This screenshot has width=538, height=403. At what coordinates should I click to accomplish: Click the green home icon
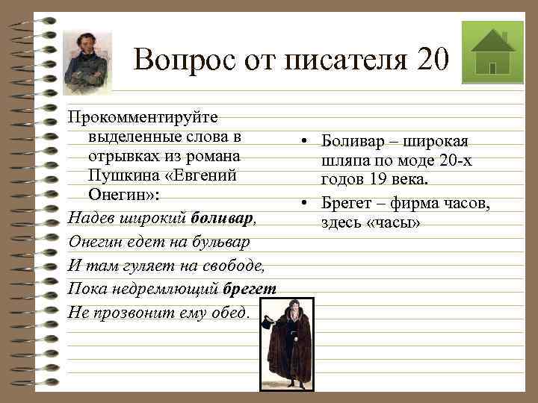coord(492,51)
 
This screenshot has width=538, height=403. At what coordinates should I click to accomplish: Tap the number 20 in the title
coord(434,59)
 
